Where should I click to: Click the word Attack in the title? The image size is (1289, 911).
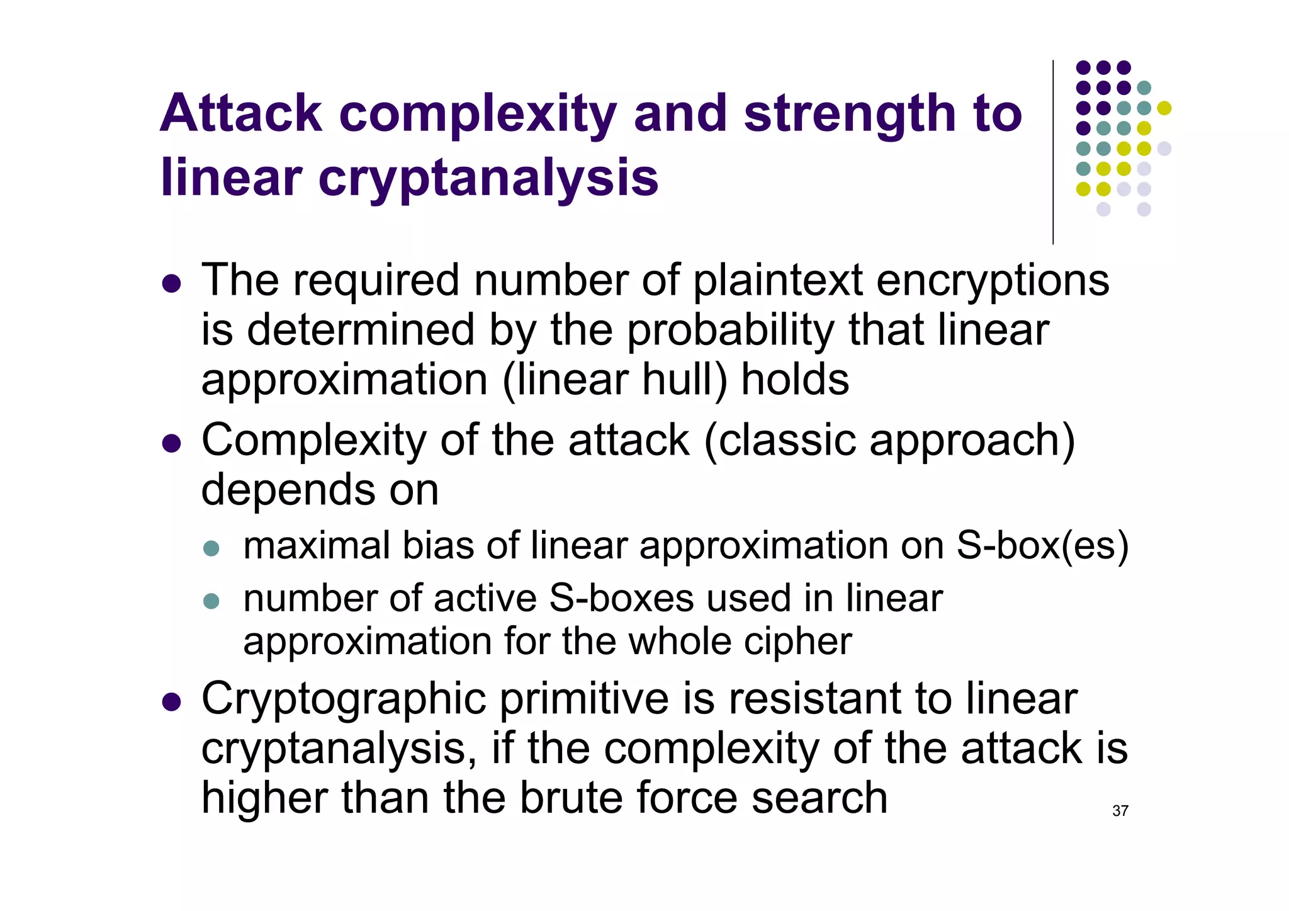(x=241, y=114)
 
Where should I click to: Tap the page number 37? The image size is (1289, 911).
(x=1120, y=811)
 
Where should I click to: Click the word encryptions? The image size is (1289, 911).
(x=993, y=281)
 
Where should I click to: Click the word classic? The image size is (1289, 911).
(x=787, y=440)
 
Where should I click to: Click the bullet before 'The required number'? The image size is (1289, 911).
(x=171, y=284)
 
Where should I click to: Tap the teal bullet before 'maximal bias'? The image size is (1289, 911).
(x=211, y=548)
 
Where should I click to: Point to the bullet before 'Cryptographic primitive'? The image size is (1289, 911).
(x=171, y=702)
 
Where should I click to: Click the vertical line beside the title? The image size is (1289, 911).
(x=1053, y=151)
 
